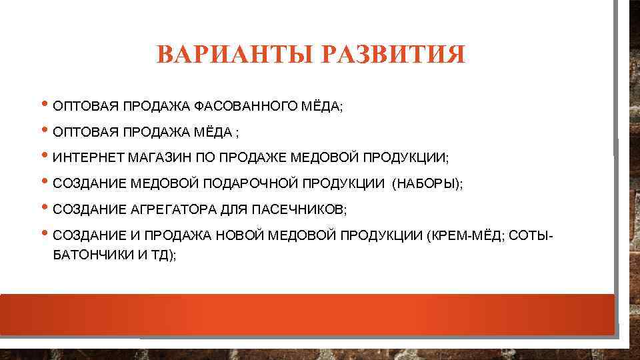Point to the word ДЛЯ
(x=234, y=209)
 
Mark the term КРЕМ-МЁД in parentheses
(x=465, y=235)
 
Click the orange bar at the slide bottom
(x=307, y=314)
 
